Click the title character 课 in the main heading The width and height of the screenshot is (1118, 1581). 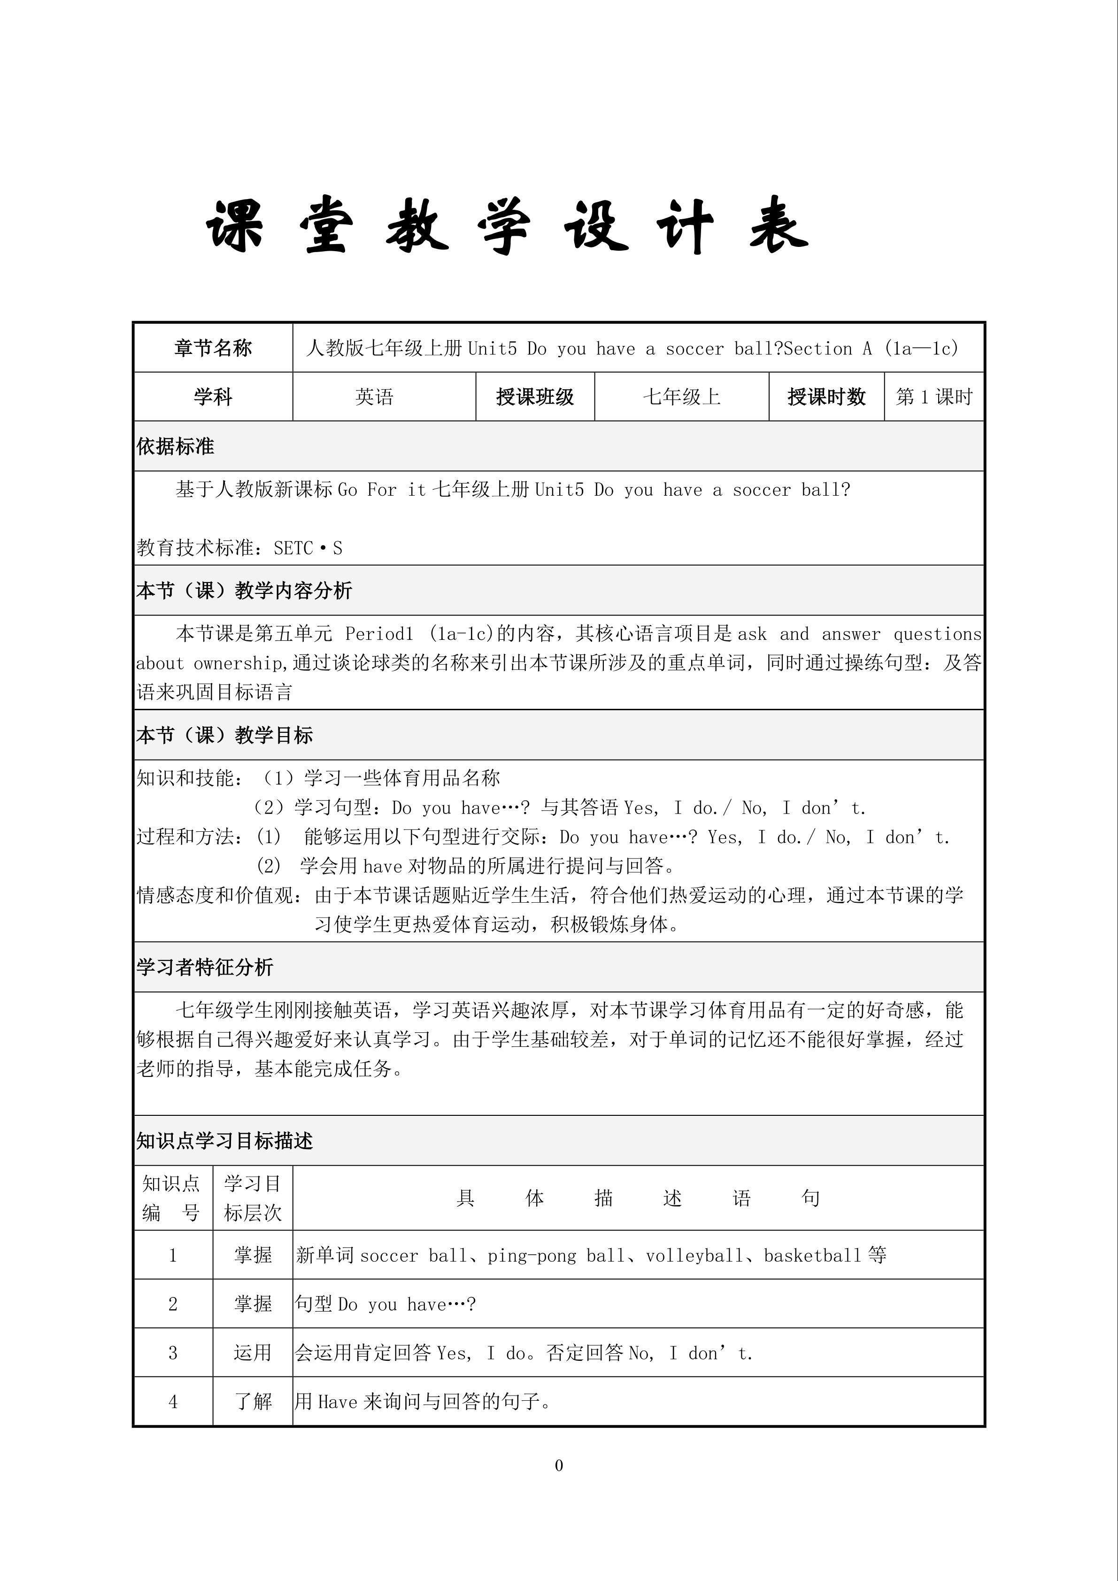coord(235,227)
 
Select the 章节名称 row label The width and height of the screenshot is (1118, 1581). coord(213,348)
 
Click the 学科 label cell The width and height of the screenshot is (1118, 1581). coord(213,397)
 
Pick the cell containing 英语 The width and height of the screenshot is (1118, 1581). coord(374,397)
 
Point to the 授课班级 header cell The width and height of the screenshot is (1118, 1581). coord(534,397)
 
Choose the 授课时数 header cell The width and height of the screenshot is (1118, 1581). coord(826,397)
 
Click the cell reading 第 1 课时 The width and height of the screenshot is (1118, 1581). coord(933,397)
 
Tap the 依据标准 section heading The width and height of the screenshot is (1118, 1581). coord(175,446)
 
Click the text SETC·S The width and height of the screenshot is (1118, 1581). coord(308,548)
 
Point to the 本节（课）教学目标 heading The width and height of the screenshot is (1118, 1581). coord(224,736)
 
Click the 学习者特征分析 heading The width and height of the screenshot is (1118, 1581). coord(205,967)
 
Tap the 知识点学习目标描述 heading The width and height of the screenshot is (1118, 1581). coord(224,1141)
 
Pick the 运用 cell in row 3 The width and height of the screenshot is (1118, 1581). coord(252,1352)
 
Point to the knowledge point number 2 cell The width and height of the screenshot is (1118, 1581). coord(173,1304)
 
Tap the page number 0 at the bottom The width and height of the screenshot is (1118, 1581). coord(559,1466)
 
